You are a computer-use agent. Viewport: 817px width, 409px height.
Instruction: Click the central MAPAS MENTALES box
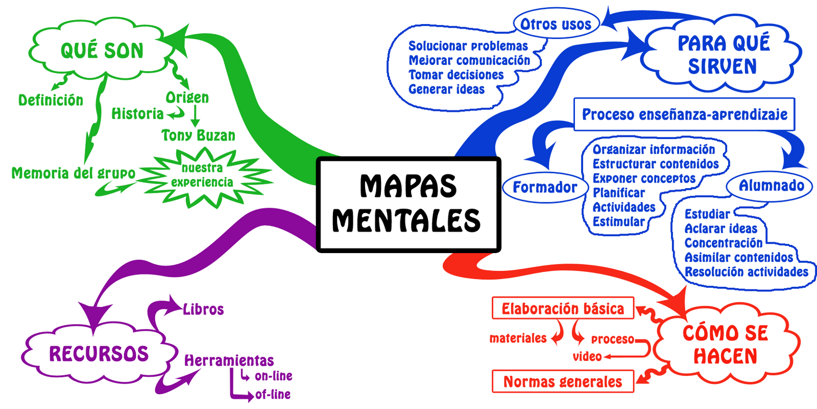408,204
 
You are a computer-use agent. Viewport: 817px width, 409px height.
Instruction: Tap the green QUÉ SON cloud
102,50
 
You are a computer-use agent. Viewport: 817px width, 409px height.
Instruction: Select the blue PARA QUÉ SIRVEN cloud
723,55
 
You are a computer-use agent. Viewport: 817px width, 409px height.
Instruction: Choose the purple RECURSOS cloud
99,354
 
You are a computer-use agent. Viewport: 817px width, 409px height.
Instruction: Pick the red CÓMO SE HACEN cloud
725,344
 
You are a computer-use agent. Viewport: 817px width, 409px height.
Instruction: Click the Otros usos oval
556,24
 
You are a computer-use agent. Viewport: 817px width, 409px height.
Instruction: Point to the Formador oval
544,187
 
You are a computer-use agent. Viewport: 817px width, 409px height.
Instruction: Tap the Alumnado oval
771,186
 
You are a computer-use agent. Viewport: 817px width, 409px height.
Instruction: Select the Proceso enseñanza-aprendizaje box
684,115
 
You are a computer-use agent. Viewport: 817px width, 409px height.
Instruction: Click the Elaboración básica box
563,308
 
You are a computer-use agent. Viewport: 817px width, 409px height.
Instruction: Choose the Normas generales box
563,381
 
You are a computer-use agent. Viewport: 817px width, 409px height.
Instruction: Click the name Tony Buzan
198,135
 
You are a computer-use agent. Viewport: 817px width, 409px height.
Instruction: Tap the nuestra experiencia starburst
202,175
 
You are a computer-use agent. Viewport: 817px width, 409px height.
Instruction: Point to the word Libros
203,309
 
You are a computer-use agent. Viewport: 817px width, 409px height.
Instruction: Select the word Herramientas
229,360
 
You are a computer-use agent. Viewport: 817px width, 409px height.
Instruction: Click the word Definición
51,100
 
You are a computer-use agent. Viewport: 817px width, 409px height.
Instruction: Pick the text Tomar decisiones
456,75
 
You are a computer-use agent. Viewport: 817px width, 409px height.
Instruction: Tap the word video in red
587,356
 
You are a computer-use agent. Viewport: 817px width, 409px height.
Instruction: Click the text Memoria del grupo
73,173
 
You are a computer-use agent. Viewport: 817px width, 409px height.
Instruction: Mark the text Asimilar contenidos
738,258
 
